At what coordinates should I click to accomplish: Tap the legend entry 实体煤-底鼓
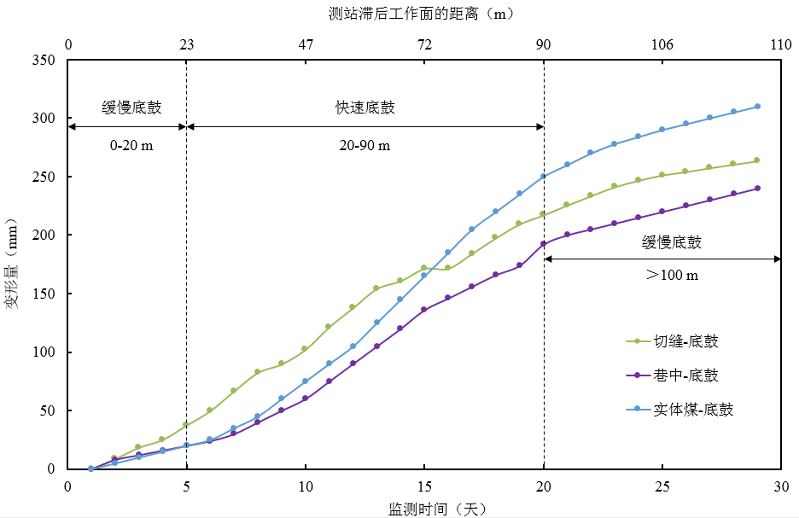click(x=693, y=410)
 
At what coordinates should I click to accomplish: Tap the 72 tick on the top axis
click(x=424, y=45)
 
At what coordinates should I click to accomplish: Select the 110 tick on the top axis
click(x=780, y=45)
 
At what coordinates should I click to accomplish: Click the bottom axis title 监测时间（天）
click(x=424, y=509)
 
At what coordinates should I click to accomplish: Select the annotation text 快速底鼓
click(x=365, y=108)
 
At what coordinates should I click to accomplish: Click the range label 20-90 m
click(x=365, y=145)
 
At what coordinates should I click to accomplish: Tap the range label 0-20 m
click(x=131, y=145)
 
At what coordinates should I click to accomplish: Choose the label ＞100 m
click(x=671, y=275)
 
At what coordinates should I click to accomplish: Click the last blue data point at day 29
click(x=757, y=107)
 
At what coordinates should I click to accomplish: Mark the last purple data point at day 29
click(x=757, y=189)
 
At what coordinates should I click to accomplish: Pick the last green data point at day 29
click(x=757, y=160)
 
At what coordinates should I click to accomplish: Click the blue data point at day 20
click(x=544, y=177)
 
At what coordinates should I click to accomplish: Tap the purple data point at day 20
click(x=544, y=244)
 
